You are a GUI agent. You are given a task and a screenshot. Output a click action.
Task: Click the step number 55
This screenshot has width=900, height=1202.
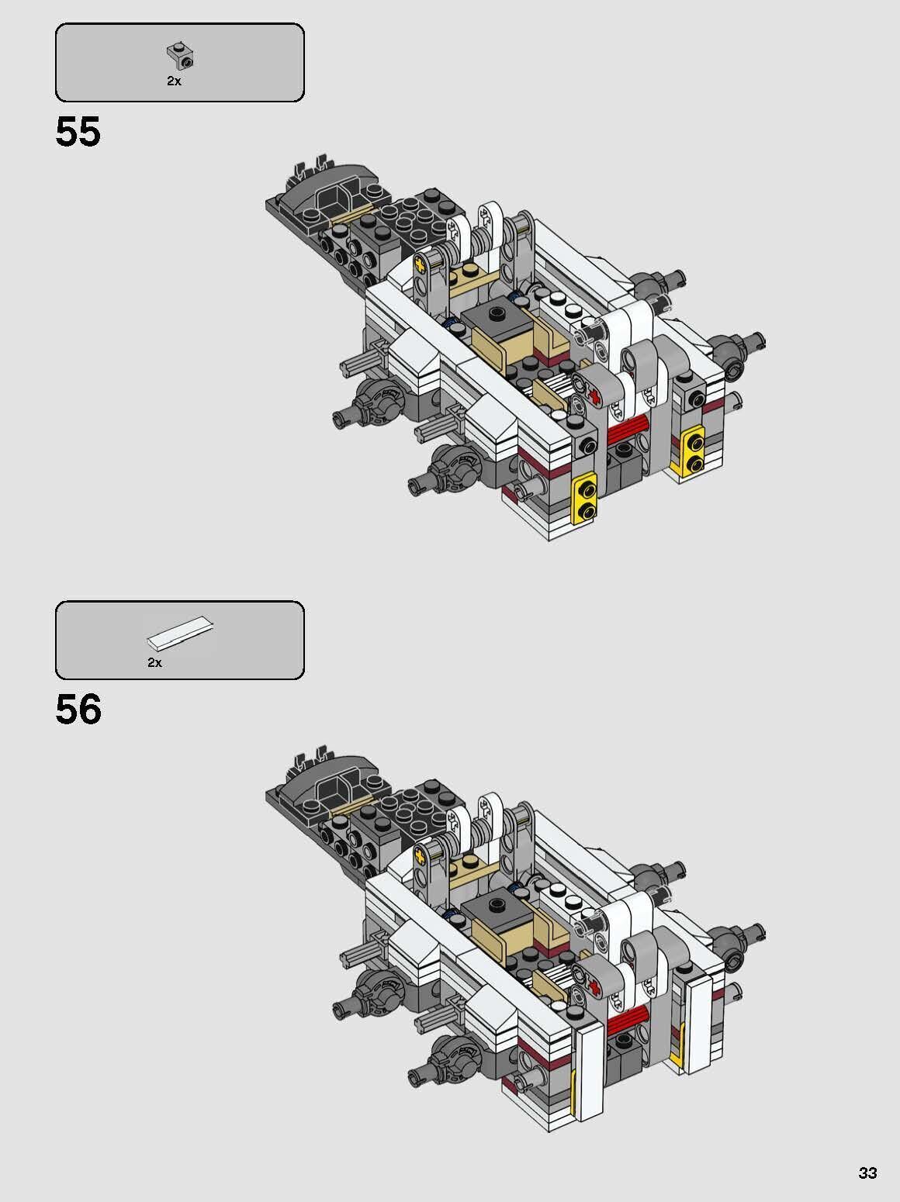(78, 132)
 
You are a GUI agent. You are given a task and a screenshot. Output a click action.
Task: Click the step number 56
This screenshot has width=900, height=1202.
(78, 710)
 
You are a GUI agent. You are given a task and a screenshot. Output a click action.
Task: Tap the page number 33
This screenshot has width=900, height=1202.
(867, 1173)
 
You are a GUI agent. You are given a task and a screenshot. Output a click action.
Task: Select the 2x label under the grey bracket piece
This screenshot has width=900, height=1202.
(174, 81)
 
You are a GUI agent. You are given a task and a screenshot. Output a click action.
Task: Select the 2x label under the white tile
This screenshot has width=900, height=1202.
(154, 662)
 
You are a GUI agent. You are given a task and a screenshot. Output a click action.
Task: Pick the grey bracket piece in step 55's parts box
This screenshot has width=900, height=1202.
(180, 56)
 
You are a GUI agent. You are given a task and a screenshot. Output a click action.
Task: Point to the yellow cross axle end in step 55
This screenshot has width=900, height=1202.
(421, 265)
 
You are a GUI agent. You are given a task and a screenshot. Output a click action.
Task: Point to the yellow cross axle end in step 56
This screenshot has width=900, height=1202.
(421, 856)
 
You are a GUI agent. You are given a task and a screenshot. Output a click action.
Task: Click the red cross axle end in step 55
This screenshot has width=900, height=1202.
(595, 397)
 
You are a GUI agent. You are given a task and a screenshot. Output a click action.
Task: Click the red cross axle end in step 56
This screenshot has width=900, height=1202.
(595, 986)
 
